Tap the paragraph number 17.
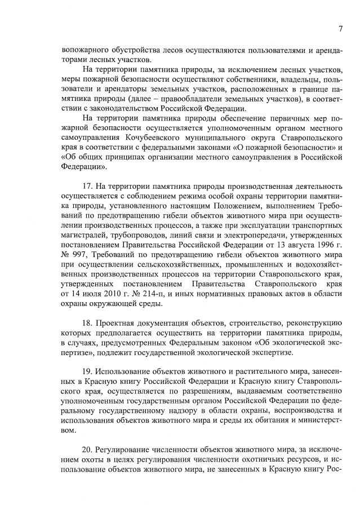pos(87,187)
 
